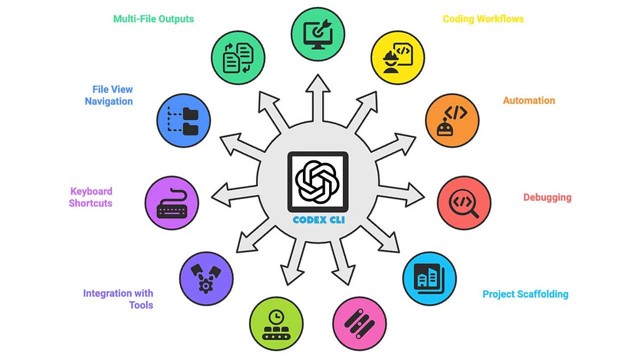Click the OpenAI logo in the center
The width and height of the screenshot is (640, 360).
point(317,182)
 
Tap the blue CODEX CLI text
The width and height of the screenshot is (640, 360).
point(317,220)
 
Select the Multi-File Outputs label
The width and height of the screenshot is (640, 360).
point(154,19)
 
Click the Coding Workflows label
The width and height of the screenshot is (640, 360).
point(483,19)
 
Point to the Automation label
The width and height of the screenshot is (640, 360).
point(529,100)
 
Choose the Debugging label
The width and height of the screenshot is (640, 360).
point(547,197)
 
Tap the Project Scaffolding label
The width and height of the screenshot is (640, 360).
point(525,294)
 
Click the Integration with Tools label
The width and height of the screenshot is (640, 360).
point(118,299)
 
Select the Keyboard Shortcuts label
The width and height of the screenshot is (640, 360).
point(91,197)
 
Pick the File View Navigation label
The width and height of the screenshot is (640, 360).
point(109,95)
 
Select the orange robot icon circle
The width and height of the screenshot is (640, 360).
point(452,120)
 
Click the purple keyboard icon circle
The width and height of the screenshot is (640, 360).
point(172,203)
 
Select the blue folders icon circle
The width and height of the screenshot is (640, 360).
point(184,121)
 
